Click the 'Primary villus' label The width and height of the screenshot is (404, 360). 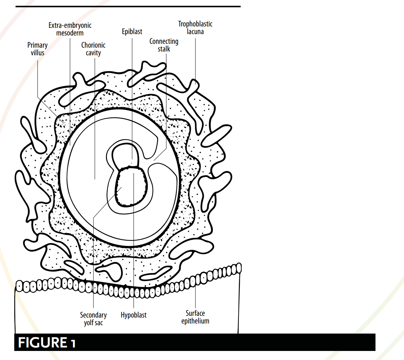37,49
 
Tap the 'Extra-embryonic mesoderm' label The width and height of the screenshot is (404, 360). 70,29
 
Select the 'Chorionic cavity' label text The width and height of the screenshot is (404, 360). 93,49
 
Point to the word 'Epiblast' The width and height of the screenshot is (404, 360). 132,32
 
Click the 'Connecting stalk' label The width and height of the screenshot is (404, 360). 164,45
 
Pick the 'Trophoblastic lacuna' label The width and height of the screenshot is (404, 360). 195,28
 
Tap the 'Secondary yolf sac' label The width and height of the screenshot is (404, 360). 93,319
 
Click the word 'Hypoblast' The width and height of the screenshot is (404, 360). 134,315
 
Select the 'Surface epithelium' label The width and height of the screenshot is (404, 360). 195,317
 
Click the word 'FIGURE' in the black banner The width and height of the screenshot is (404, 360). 42,343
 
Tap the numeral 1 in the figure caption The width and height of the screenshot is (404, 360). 73,343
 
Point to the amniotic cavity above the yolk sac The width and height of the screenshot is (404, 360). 125,155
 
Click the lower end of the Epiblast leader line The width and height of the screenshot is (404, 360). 132,160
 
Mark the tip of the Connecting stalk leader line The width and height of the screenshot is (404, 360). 154,161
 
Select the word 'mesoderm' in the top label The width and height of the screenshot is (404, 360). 70,33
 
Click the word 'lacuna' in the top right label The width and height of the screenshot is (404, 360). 195,32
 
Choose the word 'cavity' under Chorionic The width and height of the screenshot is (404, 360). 93,53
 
